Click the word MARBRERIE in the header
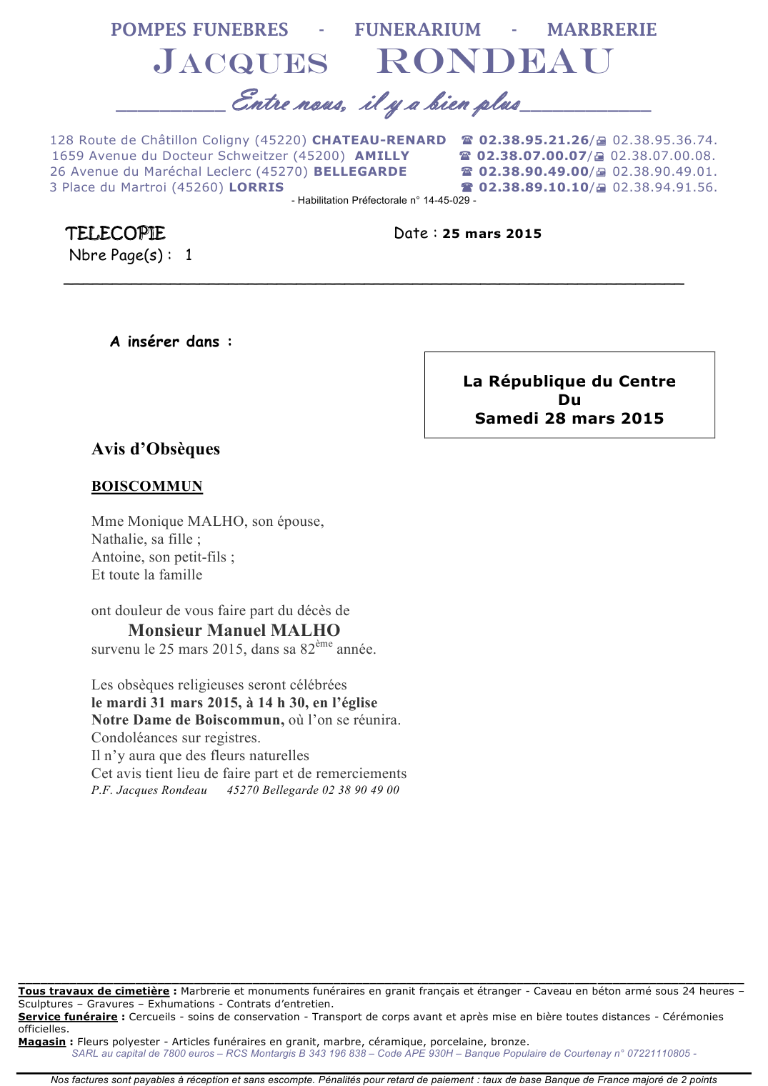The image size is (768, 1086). pos(602,29)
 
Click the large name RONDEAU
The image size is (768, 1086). pos(495,61)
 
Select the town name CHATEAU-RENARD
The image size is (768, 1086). pos(379,140)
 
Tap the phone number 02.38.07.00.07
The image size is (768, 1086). pos(532,156)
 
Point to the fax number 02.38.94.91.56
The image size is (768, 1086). pos(664,187)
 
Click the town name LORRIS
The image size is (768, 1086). pos(256,187)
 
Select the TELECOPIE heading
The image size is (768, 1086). pos(115,234)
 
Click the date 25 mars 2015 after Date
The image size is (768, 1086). pos(492,234)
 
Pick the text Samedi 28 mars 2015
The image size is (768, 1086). pos(569,419)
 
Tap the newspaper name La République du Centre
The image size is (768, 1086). pos(569,381)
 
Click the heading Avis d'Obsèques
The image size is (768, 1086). pos(156,449)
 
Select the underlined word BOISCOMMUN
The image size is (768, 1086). pos(147,487)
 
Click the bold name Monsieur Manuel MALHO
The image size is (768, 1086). pos(234,630)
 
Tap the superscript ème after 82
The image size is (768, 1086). pos(324,644)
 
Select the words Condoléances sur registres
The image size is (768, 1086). pos(176,737)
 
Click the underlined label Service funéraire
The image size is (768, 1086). pos(68,1017)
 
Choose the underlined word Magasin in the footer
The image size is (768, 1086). pos(41,1042)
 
